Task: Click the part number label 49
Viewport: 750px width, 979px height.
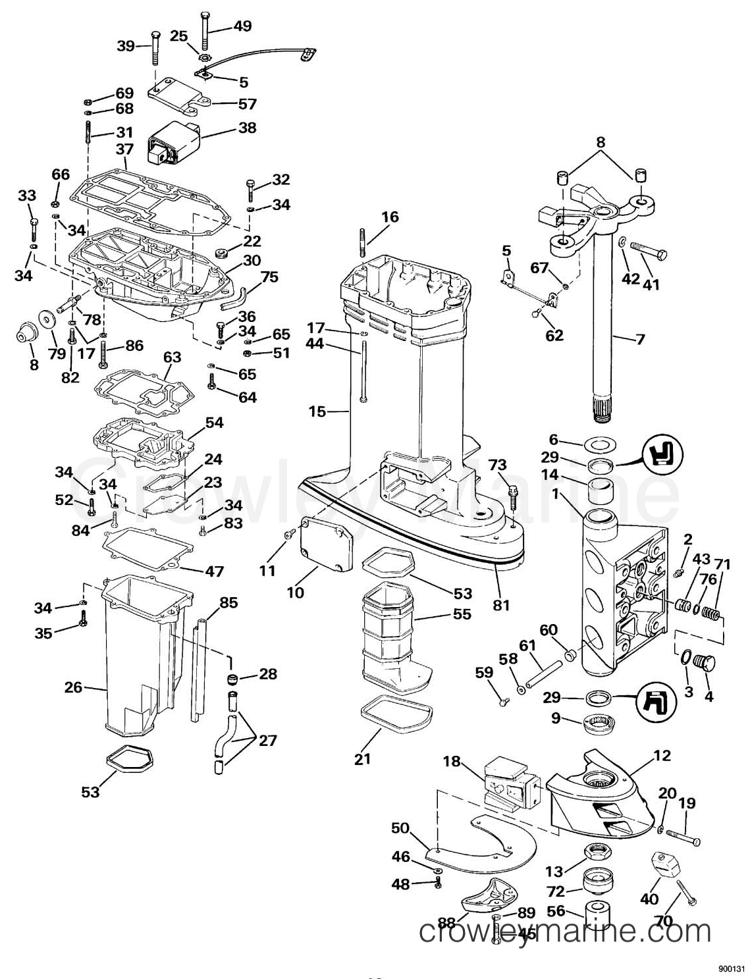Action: [x=243, y=26]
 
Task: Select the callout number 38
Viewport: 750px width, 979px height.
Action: [x=246, y=127]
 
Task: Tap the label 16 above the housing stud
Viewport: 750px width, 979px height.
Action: [x=390, y=217]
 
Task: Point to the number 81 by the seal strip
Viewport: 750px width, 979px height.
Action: [x=500, y=604]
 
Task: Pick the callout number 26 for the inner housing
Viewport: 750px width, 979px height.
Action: [x=74, y=687]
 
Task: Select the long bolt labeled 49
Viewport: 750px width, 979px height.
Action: [x=203, y=30]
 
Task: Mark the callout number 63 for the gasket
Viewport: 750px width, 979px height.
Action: [x=172, y=357]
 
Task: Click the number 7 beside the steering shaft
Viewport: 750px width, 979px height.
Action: [x=640, y=339]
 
